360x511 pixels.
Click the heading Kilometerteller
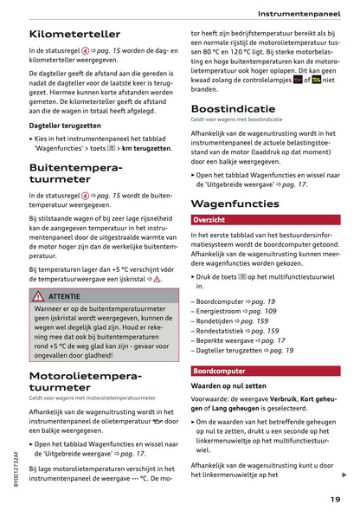74,35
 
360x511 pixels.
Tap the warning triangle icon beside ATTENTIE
40,295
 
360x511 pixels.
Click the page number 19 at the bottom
335,498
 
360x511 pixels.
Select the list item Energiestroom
219,311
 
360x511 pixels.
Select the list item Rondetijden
216,320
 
